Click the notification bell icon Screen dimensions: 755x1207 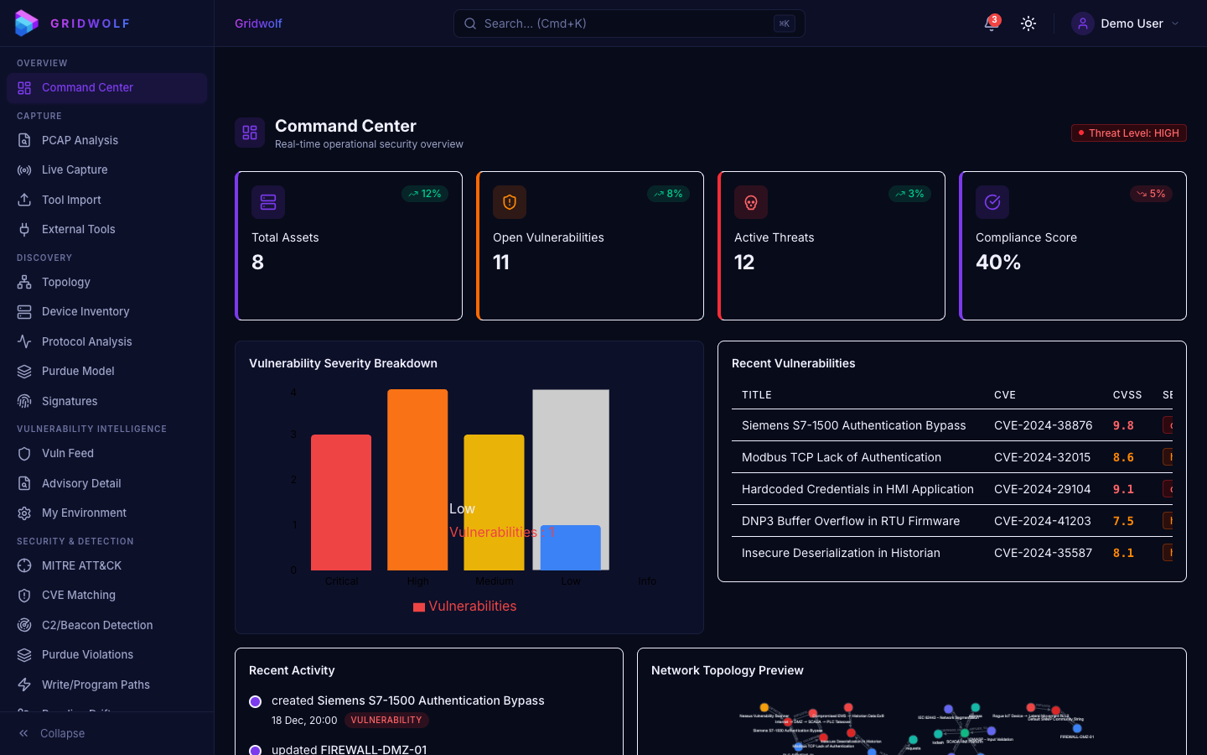(992, 23)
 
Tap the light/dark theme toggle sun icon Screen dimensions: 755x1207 (1028, 23)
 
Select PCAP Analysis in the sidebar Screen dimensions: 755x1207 (80, 140)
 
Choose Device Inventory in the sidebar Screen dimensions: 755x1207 (85, 311)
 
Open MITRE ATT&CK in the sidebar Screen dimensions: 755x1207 (81, 565)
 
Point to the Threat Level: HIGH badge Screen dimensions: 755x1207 (1128, 133)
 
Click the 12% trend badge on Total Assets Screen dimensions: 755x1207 (425, 194)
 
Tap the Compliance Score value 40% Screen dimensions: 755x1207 (998, 263)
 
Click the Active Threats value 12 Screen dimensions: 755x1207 (744, 263)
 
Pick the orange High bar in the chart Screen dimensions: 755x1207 (417, 479)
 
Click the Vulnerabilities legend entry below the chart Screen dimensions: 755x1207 (465, 607)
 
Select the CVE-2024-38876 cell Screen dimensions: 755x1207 (1043, 425)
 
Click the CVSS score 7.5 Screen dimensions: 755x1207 (1123, 521)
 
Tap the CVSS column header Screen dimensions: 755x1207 (1127, 395)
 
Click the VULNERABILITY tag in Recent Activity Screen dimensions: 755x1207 (386, 720)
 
